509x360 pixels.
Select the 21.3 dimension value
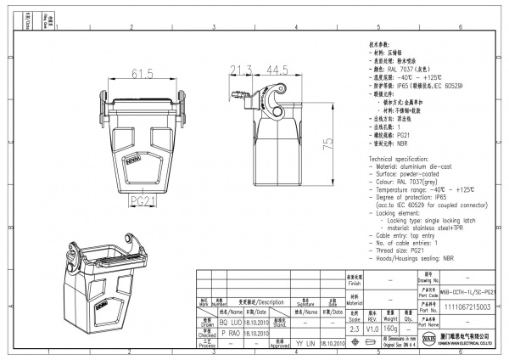242,69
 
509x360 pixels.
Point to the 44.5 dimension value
276,69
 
